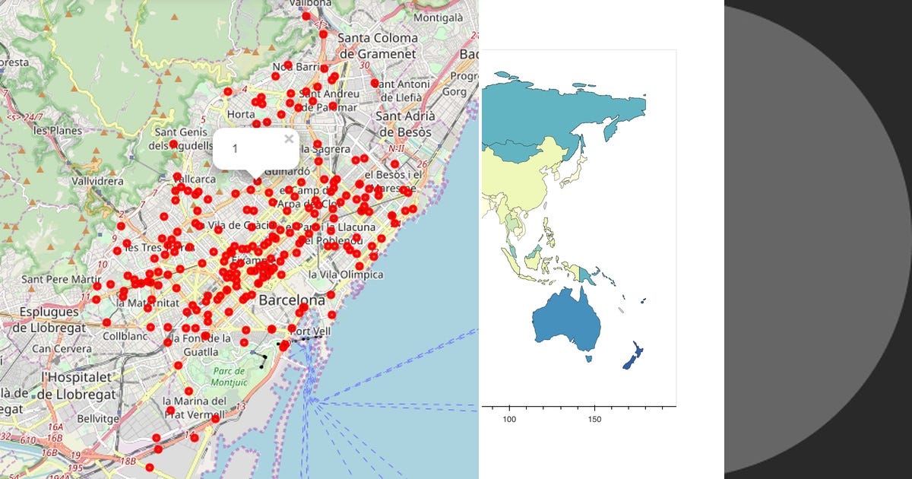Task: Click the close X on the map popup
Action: coord(288,139)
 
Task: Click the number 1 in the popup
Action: coord(235,148)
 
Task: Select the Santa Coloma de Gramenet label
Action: coord(378,46)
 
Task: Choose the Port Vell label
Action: coord(312,331)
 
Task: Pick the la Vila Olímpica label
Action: coord(346,274)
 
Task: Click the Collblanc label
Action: coord(124,335)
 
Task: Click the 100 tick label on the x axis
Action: coord(510,420)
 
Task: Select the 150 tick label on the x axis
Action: coord(595,420)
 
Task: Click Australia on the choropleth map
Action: coord(566,319)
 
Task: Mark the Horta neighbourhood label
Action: coord(241,114)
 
